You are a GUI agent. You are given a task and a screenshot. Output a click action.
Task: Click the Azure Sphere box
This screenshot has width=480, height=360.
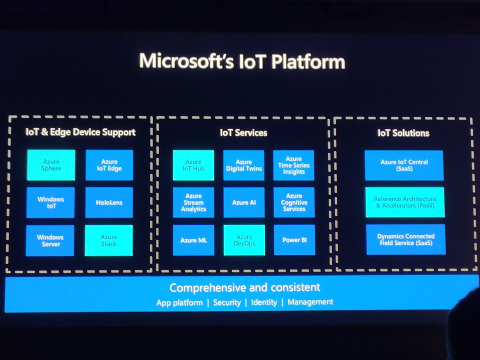[51, 165]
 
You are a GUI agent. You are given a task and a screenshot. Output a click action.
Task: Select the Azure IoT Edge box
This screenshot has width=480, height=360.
[109, 165]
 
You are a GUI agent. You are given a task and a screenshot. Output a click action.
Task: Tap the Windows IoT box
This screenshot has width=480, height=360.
[51, 202]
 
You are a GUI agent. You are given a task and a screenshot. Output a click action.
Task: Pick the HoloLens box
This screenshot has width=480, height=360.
[109, 202]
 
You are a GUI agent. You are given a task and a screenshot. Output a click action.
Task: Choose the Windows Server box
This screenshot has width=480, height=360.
[50, 240]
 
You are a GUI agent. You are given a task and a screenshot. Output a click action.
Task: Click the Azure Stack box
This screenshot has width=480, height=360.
[109, 240]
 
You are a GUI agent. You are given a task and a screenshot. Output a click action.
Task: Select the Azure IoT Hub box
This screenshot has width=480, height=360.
[194, 165]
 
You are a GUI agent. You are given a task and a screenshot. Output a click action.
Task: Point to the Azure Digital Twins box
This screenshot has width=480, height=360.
[244, 165]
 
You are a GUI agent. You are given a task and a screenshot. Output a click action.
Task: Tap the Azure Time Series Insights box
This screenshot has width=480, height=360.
[294, 165]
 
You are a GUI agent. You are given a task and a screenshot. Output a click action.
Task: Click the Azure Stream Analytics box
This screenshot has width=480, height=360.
[194, 202]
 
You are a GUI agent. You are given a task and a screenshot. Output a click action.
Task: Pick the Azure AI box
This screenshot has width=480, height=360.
[244, 202]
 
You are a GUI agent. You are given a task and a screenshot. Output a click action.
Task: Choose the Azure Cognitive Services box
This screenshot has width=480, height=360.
[294, 202]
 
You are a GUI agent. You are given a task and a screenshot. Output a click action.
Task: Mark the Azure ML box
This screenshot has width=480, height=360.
[194, 240]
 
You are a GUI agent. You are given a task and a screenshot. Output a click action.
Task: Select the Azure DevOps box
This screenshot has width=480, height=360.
[244, 240]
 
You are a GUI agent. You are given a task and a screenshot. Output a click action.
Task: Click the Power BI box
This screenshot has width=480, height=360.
[294, 240]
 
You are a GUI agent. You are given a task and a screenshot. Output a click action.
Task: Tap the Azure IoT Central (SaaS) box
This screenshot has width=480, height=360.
[404, 165]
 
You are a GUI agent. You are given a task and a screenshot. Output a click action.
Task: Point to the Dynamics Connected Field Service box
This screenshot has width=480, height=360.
[406, 239]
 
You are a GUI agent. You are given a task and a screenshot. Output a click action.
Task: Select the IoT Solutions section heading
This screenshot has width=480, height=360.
[403, 133]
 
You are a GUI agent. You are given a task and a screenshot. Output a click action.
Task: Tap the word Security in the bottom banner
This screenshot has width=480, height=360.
[227, 302]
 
